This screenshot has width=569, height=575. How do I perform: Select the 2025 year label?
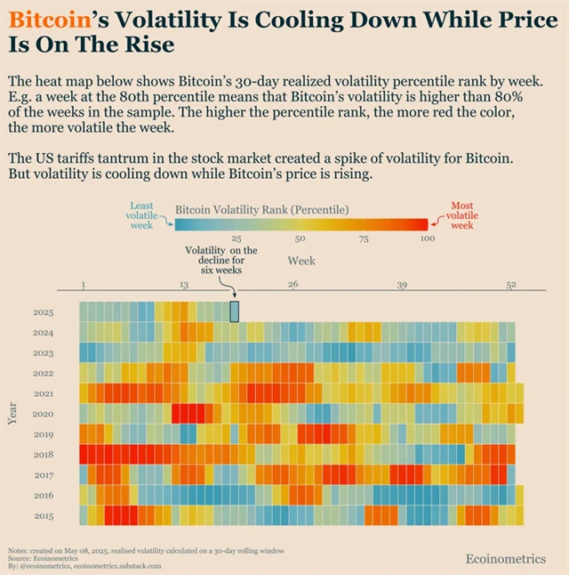(x=44, y=312)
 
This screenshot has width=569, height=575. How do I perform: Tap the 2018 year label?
(x=44, y=455)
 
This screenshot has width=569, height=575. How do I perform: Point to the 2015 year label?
(x=44, y=516)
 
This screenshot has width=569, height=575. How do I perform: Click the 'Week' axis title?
(x=301, y=261)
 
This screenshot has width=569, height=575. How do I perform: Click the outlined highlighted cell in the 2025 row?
(x=235, y=312)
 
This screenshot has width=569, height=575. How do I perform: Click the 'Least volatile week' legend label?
(x=141, y=215)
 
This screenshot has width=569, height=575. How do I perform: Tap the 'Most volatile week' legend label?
(x=461, y=215)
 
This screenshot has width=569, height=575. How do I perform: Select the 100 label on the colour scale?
(x=427, y=239)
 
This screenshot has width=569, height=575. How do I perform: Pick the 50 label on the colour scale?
(x=300, y=239)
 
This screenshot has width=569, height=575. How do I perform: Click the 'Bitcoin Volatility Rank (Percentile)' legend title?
(x=261, y=209)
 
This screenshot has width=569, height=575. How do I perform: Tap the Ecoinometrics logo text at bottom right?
(x=506, y=559)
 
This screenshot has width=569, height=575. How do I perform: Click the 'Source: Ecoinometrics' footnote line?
(x=40, y=558)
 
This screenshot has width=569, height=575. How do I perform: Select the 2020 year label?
(x=44, y=414)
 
